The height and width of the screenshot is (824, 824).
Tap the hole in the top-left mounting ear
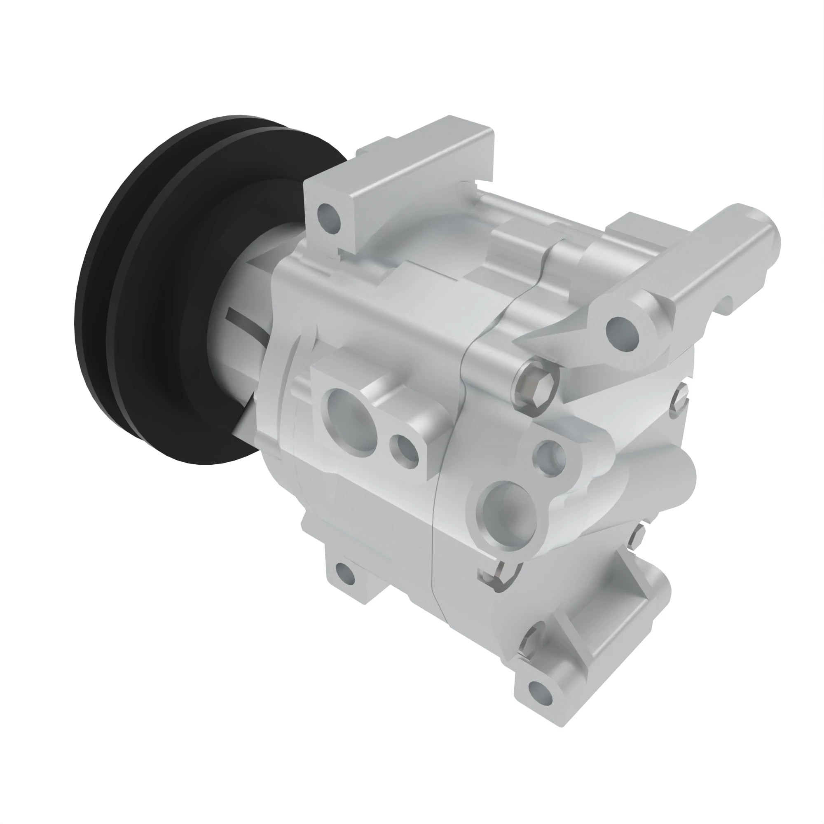tap(329, 215)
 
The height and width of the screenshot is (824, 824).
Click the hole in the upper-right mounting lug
tap(623, 332)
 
